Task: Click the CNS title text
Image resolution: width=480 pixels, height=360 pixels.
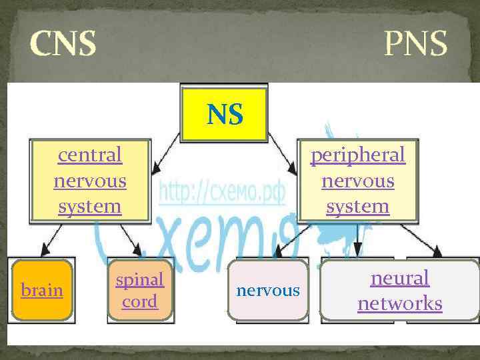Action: [63, 43]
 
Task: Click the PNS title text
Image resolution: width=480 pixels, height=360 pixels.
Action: [415, 43]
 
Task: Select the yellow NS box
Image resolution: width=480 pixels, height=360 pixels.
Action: [224, 113]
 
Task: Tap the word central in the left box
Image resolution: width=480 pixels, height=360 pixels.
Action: [90, 155]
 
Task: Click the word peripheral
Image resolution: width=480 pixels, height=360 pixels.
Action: [357, 155]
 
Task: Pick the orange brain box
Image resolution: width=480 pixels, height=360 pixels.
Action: [42, 291]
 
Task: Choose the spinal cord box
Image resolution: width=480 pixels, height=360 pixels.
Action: [140, 291]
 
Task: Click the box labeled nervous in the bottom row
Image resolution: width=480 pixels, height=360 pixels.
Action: [268, 291]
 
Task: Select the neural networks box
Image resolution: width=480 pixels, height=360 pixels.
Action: [399, 291]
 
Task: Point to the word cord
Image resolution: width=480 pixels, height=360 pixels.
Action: [140, 301]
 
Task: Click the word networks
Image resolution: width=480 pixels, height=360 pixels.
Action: [399, 303]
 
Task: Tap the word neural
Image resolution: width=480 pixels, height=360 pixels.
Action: [399, 278]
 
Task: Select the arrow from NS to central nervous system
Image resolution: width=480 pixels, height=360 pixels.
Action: [166, 149]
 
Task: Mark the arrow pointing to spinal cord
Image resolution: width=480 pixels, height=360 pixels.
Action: [130, 240]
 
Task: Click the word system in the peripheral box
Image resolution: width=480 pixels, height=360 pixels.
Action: [357, 206]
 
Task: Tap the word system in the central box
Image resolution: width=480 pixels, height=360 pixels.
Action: [90, 206]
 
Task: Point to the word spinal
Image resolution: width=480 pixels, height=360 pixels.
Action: [140, 279]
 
